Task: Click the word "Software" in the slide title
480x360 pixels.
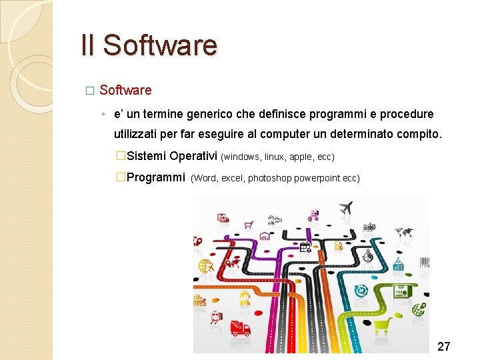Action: (x=160, y=45)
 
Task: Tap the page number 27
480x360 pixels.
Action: (x=443, y=346)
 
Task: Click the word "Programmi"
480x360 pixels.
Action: (x=155, y=177)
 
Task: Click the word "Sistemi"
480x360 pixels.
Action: (x=147, y=156)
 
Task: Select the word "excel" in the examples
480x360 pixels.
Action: (x=232, y=179)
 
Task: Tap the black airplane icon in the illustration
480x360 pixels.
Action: (x=345, y=208)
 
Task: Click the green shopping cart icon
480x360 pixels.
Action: (x=382, y=326)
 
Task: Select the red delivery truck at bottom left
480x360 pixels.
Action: (x=239, y=328)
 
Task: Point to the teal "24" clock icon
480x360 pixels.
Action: (x=361, y=291)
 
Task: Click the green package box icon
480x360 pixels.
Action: (x=401, y=291)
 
